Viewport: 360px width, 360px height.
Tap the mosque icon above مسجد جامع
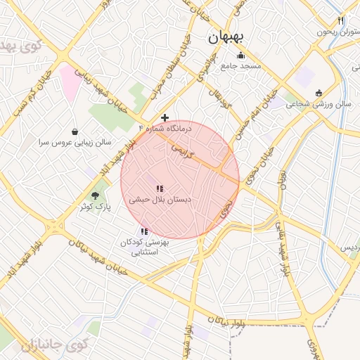pyautogui.click(x=241, y=56)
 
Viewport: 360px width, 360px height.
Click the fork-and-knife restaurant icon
pyautogui.click(x=341, y=21)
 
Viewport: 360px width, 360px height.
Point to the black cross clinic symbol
pyautogui.click(x=165, y=117)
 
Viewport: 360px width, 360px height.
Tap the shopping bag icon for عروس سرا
pyautogui.click(x=75, y=131)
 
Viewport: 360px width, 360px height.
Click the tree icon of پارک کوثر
pyautogui.click(x=96, y=195)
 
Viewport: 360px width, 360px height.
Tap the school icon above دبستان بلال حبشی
pyautogui.click(x=160, y=188)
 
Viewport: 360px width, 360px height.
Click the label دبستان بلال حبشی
pyautogui.click(x=160, y=200)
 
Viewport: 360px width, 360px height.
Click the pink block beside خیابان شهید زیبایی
pyautogui.click(x=71, y=81)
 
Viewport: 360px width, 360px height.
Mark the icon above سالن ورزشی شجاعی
pyautogui.click(x=319, y=93)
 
